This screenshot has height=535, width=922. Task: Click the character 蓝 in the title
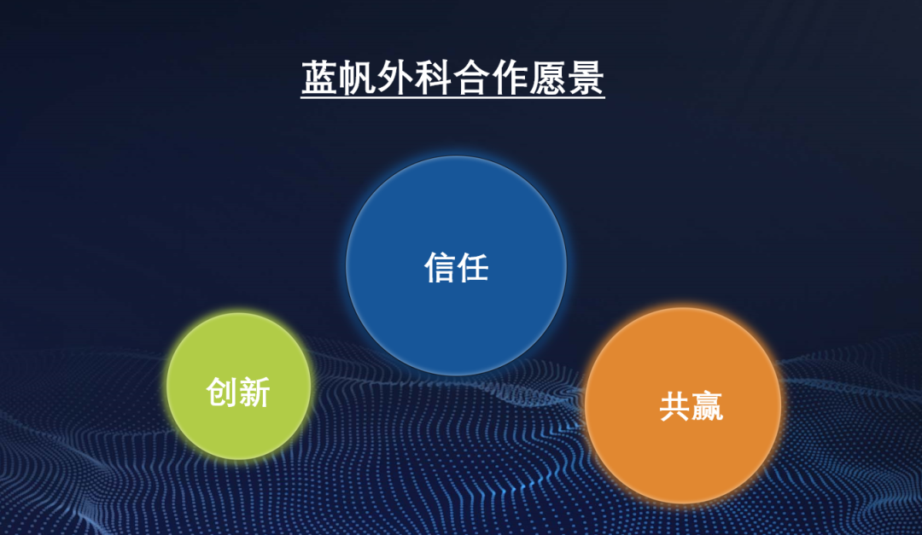tap(320, 78)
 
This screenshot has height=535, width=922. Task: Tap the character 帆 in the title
tap(358, 78)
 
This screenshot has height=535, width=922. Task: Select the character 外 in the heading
tap(396, 78)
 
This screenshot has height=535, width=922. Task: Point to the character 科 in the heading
tap(434, 78)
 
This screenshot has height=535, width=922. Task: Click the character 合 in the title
tap(471, 78)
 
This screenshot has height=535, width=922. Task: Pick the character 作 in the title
tap(510, 78)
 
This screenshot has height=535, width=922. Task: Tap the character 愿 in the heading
tap(547, 78)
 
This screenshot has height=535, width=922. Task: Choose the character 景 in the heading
tap(586, 78)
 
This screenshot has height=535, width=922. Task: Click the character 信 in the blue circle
tap(440, 268)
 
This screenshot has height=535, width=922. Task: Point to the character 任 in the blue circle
tap(473, 268)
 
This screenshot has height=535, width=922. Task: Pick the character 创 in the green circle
tap(222, 393)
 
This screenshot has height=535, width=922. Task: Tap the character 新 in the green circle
tap(254, 393)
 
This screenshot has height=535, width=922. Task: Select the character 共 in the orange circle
tap(674, 406)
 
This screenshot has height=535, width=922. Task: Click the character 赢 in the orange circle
tap(707, 406)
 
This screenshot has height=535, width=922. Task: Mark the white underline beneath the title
tap(452, 97)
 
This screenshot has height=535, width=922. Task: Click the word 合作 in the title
tap(491, 78)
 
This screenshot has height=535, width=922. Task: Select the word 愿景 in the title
tap(567, 78)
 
